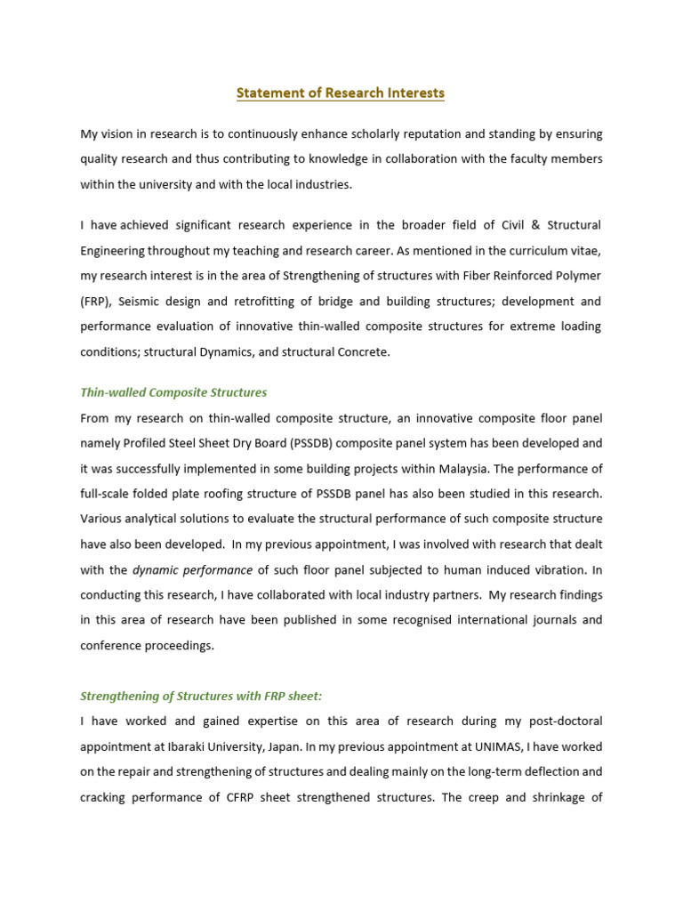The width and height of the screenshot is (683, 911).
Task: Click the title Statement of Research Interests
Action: [x=341, y=93]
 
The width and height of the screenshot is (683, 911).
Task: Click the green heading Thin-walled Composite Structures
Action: [x=173, y=392]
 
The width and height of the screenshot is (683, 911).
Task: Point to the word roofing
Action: [x=212, y=494]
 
